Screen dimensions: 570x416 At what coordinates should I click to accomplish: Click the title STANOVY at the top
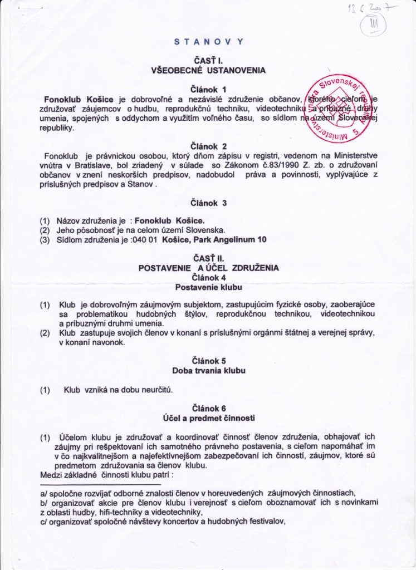tap(209, 41)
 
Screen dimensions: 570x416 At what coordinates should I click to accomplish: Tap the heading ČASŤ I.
tap(208, 61)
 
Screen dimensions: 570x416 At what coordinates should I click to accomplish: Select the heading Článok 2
tap(208, 147)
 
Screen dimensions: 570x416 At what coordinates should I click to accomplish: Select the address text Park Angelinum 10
tap(233, 239)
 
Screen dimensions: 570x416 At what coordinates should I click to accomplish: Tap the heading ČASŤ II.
tap(208, 259)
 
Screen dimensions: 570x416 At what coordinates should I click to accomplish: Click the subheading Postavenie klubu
tap(208, 287)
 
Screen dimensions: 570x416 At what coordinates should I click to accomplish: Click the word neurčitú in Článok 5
tap(156, 390)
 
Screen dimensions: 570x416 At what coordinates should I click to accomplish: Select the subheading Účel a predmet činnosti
tap(208, 417)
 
